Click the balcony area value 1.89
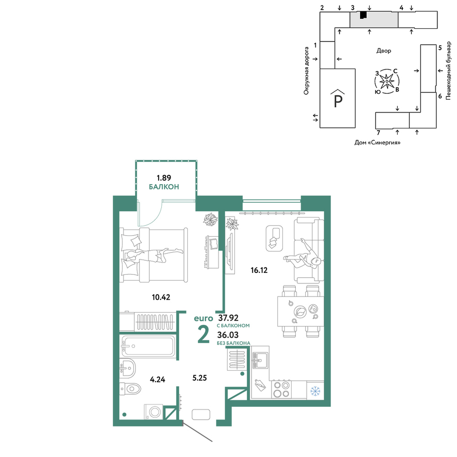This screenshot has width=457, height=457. (x=164, y=178)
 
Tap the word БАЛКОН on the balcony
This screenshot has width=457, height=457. (x=164, y=187)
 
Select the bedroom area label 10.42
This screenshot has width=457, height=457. (x=161, y=298)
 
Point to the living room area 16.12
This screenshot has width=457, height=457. (x=259, y=270)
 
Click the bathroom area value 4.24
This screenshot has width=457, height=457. (x=157, y=379)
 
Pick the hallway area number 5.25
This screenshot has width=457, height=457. (x=200, y=378)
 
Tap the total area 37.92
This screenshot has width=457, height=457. (x=228, y=318)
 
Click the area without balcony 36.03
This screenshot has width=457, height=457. (x=228, y=335)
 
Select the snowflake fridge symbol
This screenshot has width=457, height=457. (x=315, y=391)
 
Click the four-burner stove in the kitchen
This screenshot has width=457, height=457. (x=281, y=390)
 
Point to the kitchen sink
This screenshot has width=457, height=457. (x=260, y=360)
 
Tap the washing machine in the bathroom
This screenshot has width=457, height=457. (x=154, y=412)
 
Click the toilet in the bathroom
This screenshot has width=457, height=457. (x=130, y=388)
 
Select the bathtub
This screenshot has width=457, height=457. (x=149, y=346)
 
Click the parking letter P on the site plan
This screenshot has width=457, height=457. (x=338, y=101)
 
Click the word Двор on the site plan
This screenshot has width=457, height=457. (x=383, y=51)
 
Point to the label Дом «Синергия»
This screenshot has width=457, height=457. (x=377, y=143)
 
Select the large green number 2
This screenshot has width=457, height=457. (x=203, y=335)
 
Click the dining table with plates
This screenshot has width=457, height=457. (x=301, y=311)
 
